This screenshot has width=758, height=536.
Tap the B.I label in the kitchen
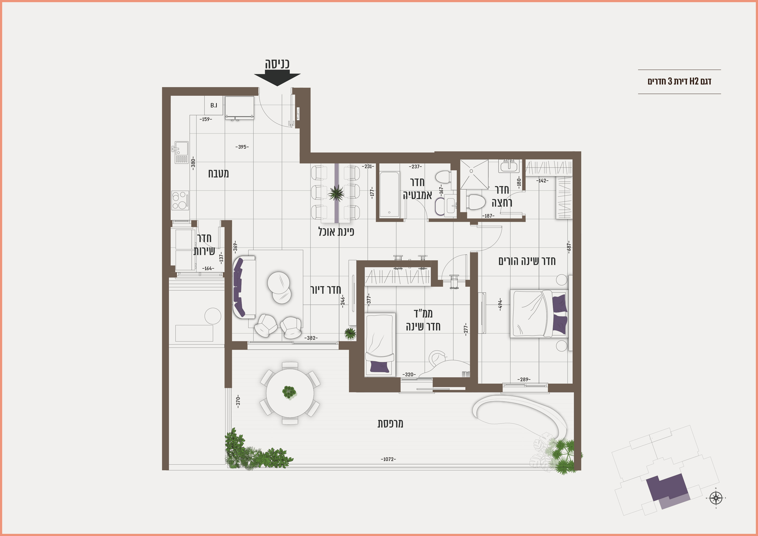[214, 105]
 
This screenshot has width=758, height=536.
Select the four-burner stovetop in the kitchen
[180, 201]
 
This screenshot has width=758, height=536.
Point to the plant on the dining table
[336, 193]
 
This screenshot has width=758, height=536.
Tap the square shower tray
[475, 174]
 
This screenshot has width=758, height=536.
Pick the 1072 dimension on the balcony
[388, 459]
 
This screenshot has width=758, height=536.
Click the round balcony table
[290, 393]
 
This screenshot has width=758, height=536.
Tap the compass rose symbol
[716, 498]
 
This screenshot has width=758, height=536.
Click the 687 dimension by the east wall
[568, 247]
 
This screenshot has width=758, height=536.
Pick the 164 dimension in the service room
[208, 268]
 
